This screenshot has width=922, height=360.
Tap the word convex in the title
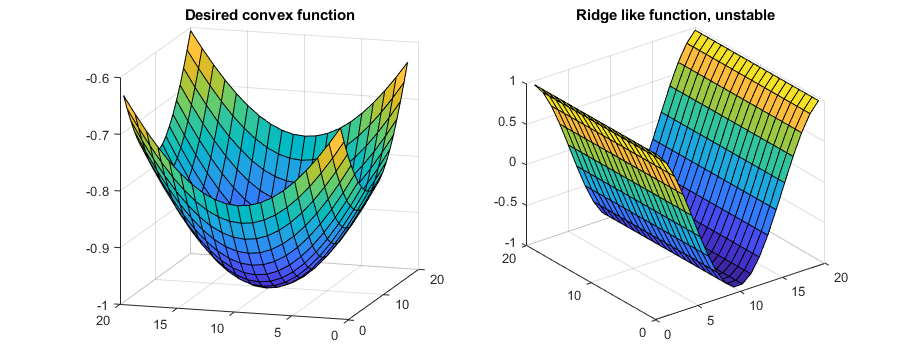coord(264,15)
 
